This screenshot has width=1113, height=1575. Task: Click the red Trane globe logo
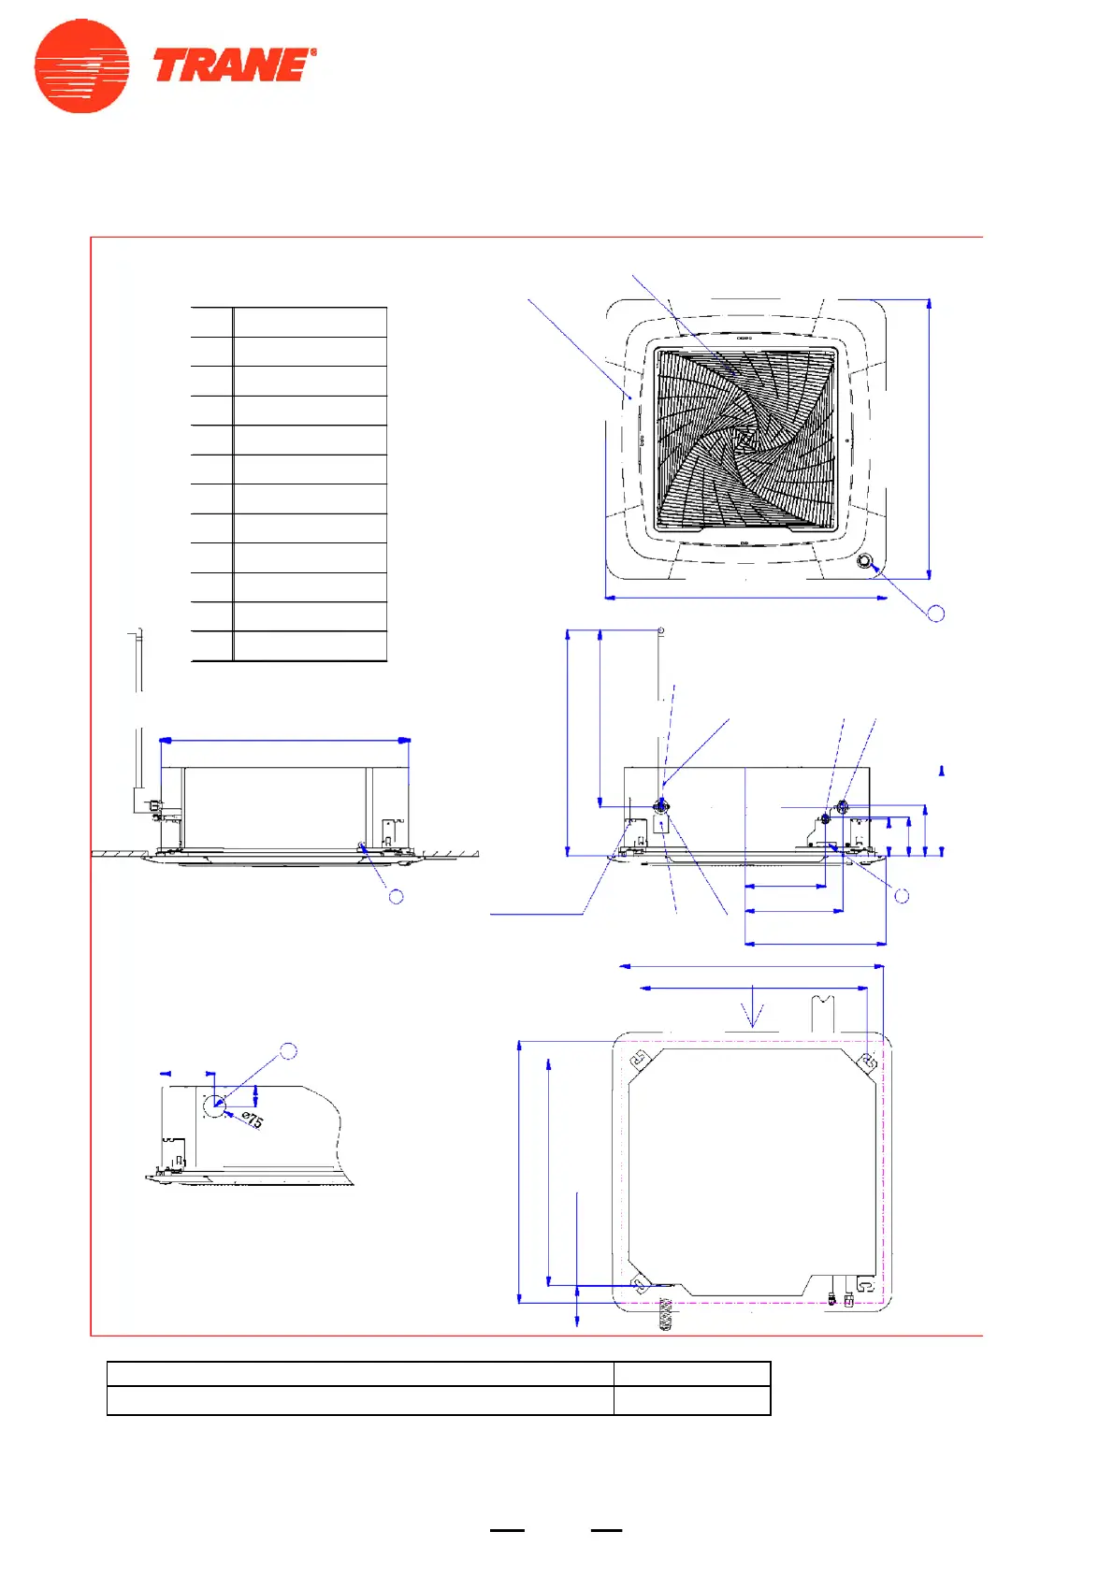pyautogui.click(x=81, y=66)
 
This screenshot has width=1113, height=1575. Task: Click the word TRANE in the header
pyautogui.click(x=232, y=66)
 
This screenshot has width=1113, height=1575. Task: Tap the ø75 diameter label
pyautogui.click(x=253, y=1119)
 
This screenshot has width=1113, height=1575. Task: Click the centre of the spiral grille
pyautogui.click(x=744, y=439)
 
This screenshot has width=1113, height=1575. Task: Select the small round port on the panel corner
pyautogui.click(x=864, y=562)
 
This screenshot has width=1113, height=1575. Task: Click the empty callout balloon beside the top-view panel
pyautogui.click(x=935, y=614)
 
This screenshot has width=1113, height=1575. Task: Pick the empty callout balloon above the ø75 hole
pyautogui.click(x=289, y=1051)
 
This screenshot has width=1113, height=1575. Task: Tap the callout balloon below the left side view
pyautogui.click(x=397, y=896)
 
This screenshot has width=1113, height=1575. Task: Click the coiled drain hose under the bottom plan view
pyautogui.click(x=665, y=1315)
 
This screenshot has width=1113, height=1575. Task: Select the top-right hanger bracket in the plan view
pyautogui.click(x=867, y=1062)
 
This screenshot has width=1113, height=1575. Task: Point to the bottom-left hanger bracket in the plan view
pyautogui.click(x=640, y=1286)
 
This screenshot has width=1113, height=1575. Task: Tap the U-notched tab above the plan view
pyautogui.click(x=822, y=1013)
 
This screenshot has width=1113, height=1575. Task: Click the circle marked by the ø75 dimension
pyautogui.click(x=214, y=1105)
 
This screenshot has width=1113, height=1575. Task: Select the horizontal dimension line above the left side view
pyautogui.click(x=285, y=741)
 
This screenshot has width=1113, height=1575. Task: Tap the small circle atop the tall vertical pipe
pyautogui.click(x=661, y=630)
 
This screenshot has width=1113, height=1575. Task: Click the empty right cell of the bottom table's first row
pyautogui.click(x=692, y=1374)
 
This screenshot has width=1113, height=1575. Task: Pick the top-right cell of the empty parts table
pyautogui.click(x=310, y=322)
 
